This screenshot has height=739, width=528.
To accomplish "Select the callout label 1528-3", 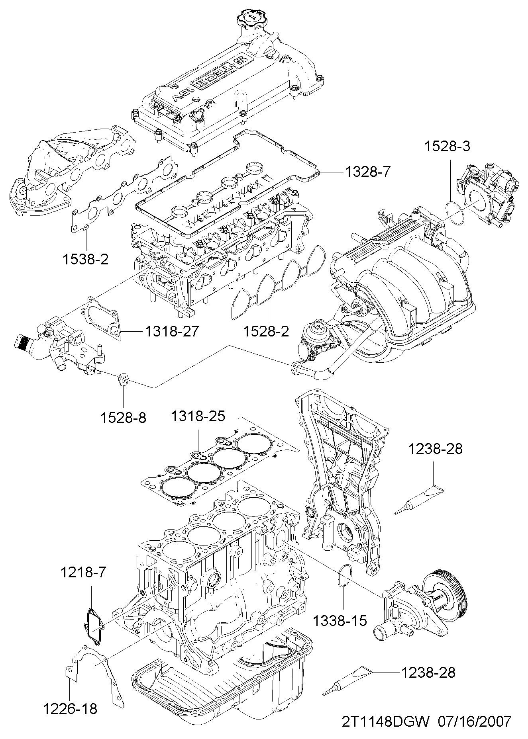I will pos(447,147).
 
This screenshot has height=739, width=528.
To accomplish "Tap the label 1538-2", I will pos(85,260).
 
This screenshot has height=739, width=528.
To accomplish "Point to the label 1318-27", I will pos(171,331).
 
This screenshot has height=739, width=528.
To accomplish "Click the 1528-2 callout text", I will pos(267,331).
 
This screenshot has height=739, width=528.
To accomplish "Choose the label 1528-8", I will pos(124,418).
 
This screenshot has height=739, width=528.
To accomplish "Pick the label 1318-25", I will pos(198,416).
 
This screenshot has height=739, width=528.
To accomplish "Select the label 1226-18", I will pos(71,709).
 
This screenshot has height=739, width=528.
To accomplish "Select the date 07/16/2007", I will pos(474,721).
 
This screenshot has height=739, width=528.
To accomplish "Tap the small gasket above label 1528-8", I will pos(124,380).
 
